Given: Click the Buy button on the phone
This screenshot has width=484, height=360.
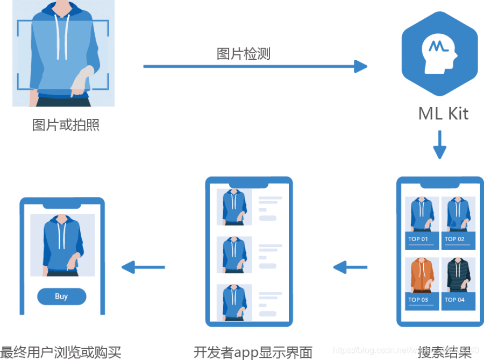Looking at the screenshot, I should click(x=61, y=297).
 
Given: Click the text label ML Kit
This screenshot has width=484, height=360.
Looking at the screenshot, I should click(x=443, y=114).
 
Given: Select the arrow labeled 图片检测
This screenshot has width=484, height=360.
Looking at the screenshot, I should click(x=255, y=67).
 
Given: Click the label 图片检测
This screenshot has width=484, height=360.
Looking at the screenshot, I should click(x=243, y=54).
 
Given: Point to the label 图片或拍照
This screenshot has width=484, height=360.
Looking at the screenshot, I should click(x=66, y=125).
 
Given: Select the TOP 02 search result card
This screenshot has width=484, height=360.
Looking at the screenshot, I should click(x=458, y=223).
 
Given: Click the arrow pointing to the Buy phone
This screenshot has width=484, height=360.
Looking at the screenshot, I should click(x=143, y=266).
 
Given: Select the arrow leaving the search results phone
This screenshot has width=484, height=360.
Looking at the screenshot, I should click(x=350, y=266).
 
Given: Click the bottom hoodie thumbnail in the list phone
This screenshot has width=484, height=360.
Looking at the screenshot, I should click(x=234, y=302).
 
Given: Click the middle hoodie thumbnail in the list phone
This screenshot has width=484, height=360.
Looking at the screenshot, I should click(x=234, y=255).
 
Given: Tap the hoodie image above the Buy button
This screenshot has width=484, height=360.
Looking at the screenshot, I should click(x=62, y=245).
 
